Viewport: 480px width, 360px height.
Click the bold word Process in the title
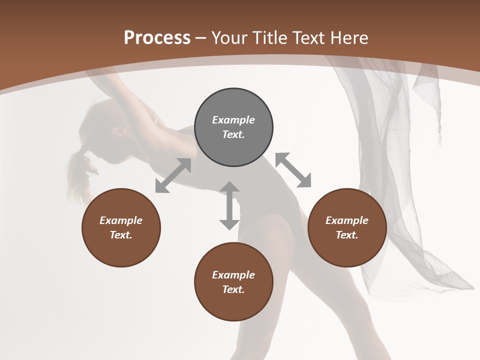(x=157, y=38)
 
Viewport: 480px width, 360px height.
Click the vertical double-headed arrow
(x=229, y=205)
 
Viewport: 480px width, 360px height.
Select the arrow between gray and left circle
(x=173, y=175)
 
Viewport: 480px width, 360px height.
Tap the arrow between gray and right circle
(x=293, y=170)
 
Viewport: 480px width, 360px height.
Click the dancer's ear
(x=119, y=131)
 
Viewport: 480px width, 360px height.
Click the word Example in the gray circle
(x=233, y=120)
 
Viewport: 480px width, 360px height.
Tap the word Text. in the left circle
(x=121, y=235)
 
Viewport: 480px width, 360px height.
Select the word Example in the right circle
(x=347, y=220)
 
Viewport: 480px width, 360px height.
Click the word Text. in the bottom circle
(x=233, y=289)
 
